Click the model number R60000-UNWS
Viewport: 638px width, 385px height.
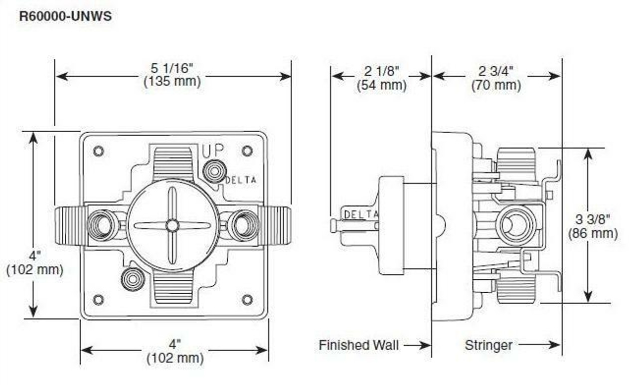pyautogui.click(x=65, y=16)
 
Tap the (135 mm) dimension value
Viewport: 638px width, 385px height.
pyautogui.click(x=172, y=82)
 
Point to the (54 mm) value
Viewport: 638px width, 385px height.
pyautogui.click(x=381, y=85)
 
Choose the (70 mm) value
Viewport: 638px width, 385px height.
pyautogui.click(x=496, y=85)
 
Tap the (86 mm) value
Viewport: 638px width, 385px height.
pyautogui.click(x=593, y=233)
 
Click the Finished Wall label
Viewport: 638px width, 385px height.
pyautogui.click(x=358, y=345)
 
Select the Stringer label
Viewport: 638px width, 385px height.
pyautogui.click(x=488, y=345)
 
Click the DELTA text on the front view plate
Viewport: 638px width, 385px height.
pyautogui.click(x=241, y=180)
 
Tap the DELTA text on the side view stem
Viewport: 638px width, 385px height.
pyautogui.click(x=361, y=214)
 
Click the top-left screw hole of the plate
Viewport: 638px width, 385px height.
pyautogui.click(x=98, y=151)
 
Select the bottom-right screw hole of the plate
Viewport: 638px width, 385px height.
pyautogui.click(x=247, y=299)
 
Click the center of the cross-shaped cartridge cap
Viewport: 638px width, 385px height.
pyautogui.click(x=172, y=225)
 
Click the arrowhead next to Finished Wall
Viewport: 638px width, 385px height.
pyautogui.click(x=425, y=345)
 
